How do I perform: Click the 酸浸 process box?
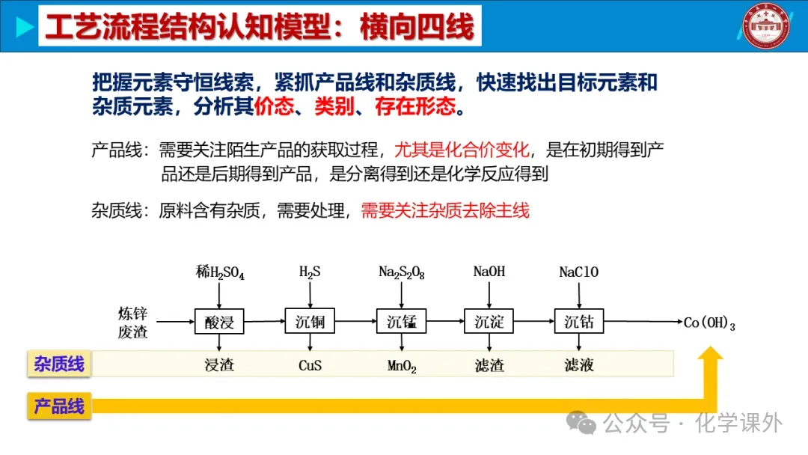click(219, 322)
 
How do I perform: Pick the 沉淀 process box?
click(489, 322)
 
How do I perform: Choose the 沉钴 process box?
click(579, 322)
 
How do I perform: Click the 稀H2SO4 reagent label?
click(220, 273)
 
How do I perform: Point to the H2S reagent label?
click(310, 272)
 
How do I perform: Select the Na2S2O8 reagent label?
click(402, 273)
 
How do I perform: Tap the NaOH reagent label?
click(489, 272)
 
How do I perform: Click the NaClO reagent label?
click(579, 272)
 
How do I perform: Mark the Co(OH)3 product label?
click(709, 323)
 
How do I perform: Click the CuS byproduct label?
click(310, 366)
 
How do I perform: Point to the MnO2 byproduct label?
click(402, 367)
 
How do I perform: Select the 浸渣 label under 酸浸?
click(219, 366)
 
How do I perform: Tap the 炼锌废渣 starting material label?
click(132, 323)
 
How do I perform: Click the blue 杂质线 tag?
click(59, 364)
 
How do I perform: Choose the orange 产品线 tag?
click(59, 406)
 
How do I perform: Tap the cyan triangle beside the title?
click(25, 27)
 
